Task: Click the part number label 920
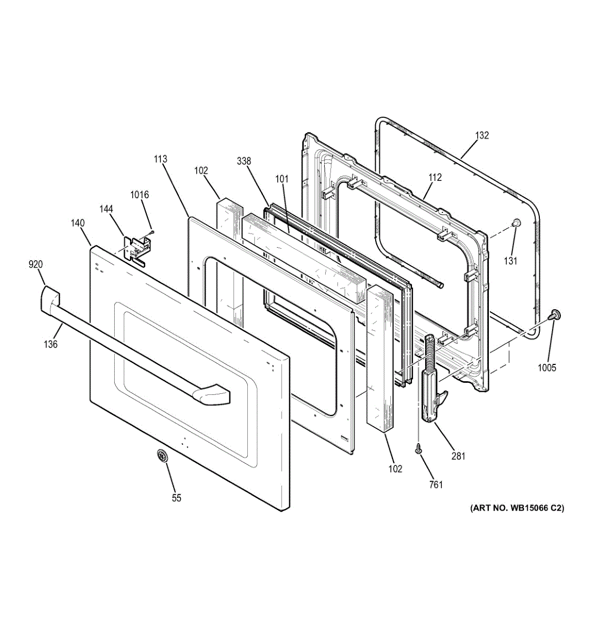pos(36,264)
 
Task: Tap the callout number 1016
pos(139,195)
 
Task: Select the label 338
pos(244,161)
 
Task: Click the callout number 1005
pos(547,368)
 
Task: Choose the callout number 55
pos(176,497)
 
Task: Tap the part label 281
pos(458,456)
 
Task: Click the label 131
pos(510,260)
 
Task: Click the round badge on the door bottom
pos(162,456)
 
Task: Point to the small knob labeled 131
pos(516,223)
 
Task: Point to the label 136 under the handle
pos(51,344)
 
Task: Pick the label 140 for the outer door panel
pos(77,223)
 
